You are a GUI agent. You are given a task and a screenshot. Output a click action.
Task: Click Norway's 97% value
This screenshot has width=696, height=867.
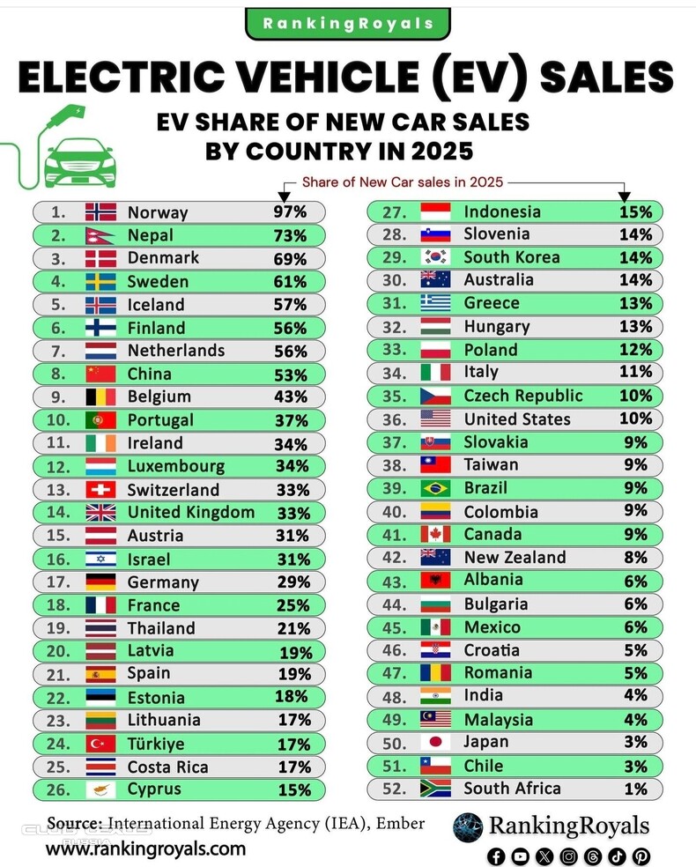[x=289, y=212]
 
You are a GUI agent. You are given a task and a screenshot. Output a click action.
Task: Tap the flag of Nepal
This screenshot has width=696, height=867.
[x=100, y=235]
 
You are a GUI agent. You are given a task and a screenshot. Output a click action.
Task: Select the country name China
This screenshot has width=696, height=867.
[x=150, y=374]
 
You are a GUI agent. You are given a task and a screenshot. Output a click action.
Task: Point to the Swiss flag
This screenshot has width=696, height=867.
[x=100, y=489]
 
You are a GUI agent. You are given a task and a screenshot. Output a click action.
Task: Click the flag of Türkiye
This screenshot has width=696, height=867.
[x=100, y=744]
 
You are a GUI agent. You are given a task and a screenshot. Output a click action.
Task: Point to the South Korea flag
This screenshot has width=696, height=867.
[x=435, y=257]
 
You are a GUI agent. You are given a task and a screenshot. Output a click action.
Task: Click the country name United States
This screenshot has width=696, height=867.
[x=517, y=419]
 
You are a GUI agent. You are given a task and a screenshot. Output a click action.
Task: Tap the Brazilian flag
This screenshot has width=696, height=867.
[x=435, y=488]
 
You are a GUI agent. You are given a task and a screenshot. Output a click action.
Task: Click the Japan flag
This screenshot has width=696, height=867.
[x=435, y=742]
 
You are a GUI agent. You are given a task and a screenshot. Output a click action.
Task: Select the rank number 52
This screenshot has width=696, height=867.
[x=396, y=789]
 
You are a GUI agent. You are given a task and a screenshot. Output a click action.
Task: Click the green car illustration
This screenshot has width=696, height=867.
[x=78, y=161]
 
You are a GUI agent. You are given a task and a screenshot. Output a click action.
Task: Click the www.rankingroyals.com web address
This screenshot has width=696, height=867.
[x=145, y=849]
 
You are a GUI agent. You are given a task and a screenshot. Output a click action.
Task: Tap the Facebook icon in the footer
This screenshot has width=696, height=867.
[x=496, y=856]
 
